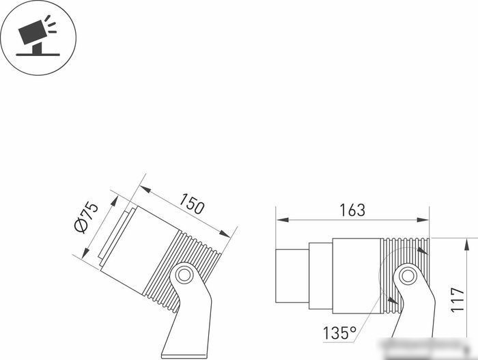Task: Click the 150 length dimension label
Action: click(191, 204)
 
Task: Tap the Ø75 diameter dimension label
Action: click(87, 217)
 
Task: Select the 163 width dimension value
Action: click(352, 210)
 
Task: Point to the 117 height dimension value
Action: click(458, 299)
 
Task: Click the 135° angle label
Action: click(339, 333)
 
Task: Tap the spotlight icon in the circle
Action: click(38, 36)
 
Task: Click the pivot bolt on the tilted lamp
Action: click(184, 275)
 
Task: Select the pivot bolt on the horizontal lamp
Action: click(408, 276)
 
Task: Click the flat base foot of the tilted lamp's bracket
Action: click(184, 356)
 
